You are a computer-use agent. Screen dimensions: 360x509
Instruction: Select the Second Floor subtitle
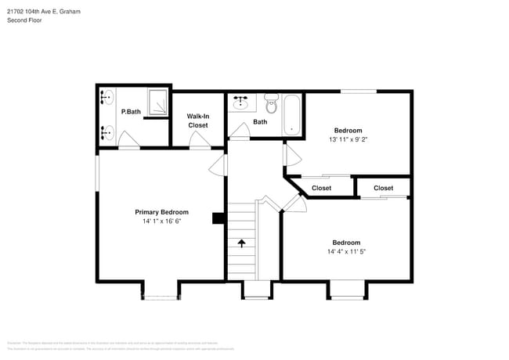click(x=25, y=20)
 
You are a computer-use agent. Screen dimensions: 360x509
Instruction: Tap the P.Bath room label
click(x=131, y=112)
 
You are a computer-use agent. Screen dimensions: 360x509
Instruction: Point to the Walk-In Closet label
click(x=197, y=121)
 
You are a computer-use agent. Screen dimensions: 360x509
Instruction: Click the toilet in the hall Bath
click(x=271, y=104)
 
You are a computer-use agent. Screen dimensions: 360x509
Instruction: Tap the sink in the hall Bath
click(x=240, y=103)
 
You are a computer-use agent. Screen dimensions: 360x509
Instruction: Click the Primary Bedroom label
click(x=161, y=212)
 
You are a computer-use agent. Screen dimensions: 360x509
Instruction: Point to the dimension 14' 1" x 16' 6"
click(x=161, y=222)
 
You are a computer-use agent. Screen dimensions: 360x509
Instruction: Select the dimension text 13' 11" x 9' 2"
click(x=348, y=140)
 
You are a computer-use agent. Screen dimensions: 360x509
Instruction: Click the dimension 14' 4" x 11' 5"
click(x=345, y=252)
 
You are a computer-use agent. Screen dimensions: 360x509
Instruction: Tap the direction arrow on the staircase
click(x=241, y=243)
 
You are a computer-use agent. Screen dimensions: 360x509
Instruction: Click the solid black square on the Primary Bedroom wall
click(x=218, y=219)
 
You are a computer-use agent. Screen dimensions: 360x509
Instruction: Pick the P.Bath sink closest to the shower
click(x=108, y=99)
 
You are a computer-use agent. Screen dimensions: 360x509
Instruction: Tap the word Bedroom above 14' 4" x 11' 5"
click(x=345, y=242)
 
